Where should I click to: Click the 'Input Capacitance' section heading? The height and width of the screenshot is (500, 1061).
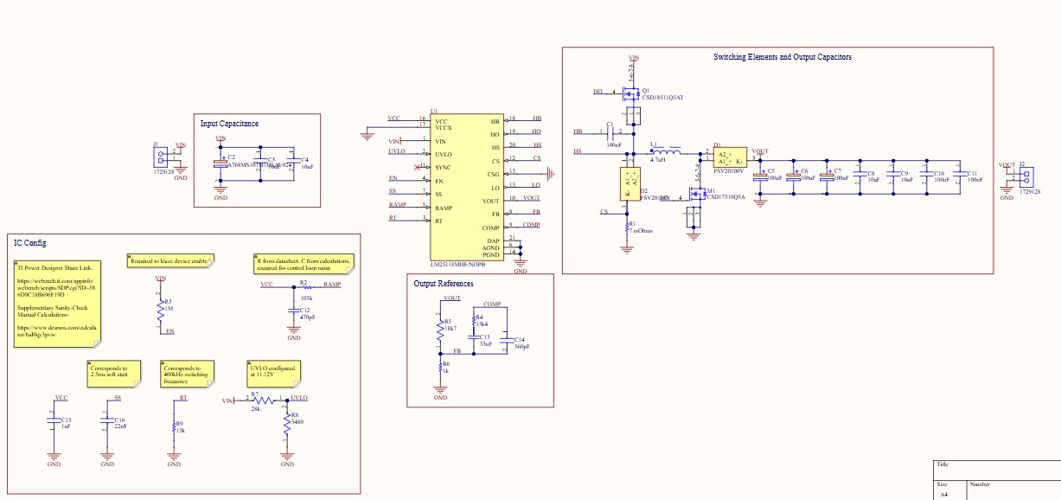coord(229,124)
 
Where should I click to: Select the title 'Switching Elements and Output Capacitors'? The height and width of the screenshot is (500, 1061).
coord(782,57)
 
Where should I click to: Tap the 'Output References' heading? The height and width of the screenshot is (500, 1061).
coord(443,284)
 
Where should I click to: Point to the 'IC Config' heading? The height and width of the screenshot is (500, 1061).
coord(30,243)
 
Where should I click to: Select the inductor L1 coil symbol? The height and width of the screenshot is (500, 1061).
coord(668,152)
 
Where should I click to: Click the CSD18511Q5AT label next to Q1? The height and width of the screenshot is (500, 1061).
coord(662,98)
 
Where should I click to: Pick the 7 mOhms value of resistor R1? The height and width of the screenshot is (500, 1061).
coord(641,231)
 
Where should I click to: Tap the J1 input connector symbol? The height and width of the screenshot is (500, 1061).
coord(161,157)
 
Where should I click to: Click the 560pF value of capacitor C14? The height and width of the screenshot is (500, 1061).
coord(521,347)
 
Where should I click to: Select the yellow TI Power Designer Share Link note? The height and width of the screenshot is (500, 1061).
coord(54,304)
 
